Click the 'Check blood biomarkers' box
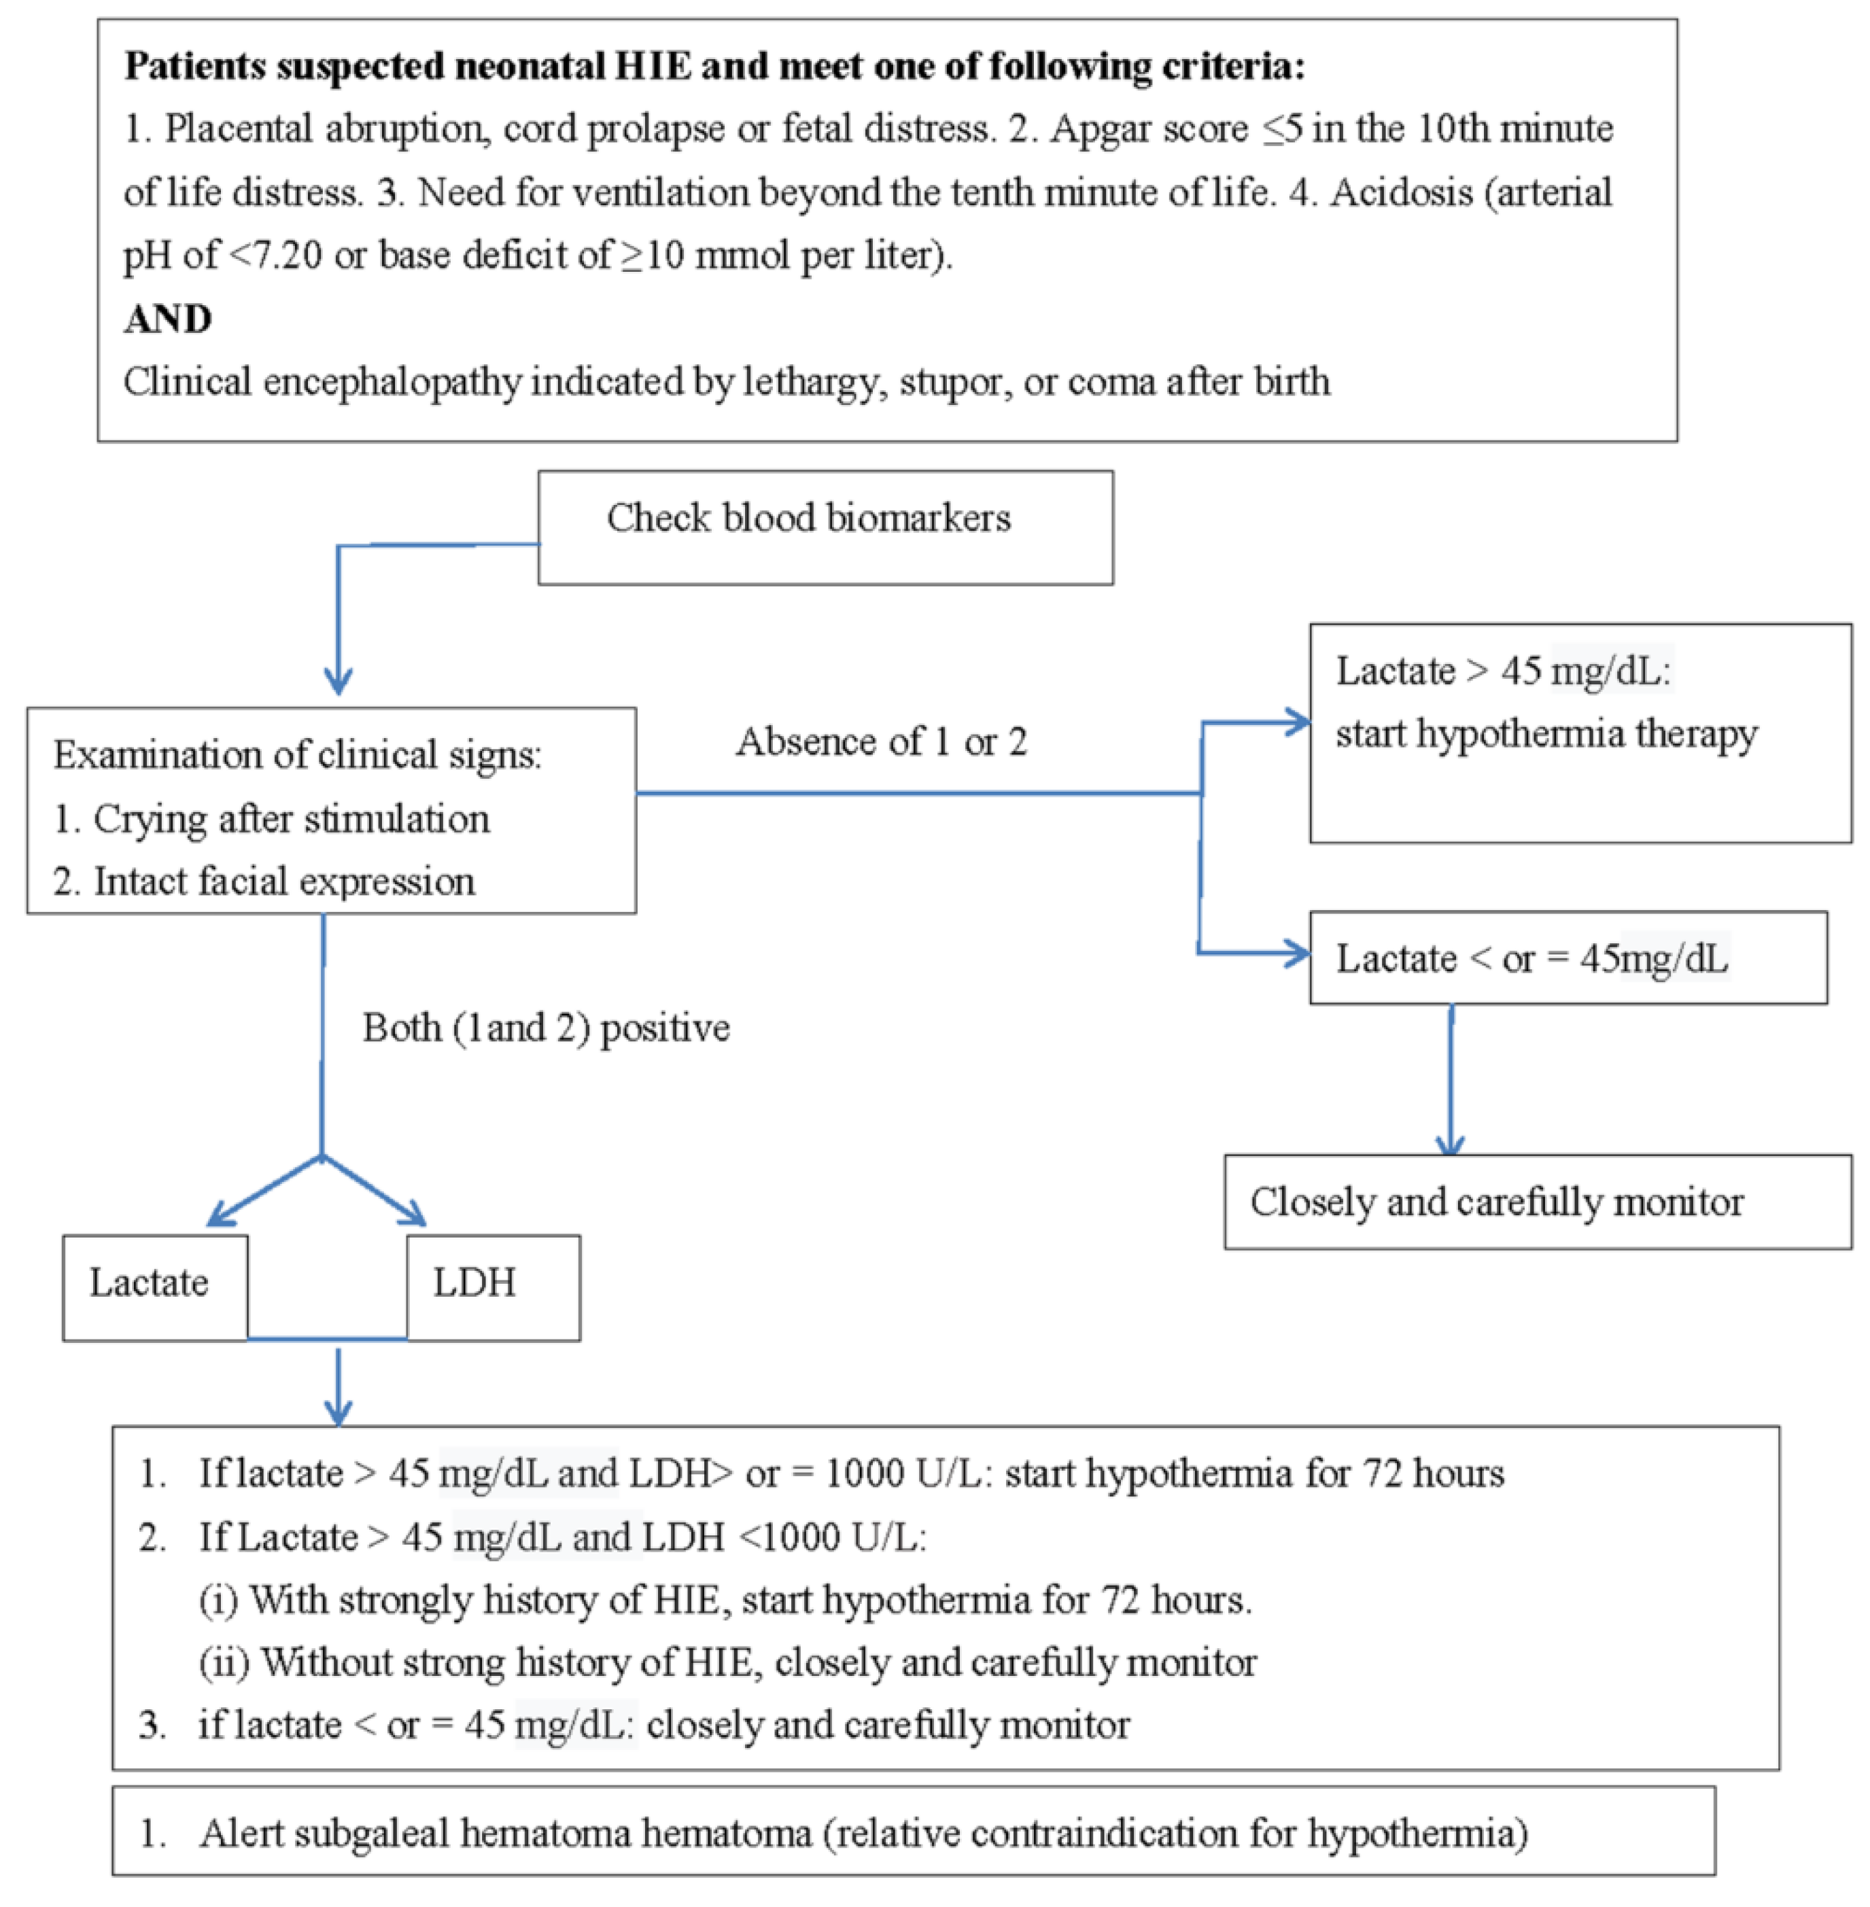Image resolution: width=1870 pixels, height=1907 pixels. click(825, 527)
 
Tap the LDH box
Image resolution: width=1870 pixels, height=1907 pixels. click(492, 1287)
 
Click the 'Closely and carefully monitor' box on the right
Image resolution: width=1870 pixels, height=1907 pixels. click(1537, 1202)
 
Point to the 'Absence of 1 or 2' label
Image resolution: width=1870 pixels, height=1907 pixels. click(881, 742)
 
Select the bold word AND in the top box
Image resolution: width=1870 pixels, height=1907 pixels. click(168, 319)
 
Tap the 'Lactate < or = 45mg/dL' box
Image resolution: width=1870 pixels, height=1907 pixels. click(1568, 958)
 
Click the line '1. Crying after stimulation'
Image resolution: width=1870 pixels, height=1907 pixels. click(271, 819)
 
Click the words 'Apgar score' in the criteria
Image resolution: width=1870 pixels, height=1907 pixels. click(1149, 128)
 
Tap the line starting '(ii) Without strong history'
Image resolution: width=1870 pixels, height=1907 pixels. click(727, 1662)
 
